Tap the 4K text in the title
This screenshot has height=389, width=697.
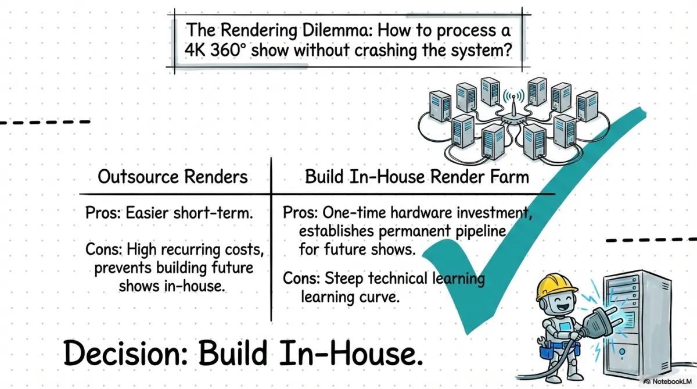[x=195, y=50]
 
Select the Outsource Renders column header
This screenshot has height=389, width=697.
[x=173, y=177]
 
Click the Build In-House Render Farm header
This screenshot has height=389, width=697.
[x=417, y=177]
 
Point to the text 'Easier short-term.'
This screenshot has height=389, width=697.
[x=189, y=213]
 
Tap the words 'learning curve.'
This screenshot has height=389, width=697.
[x=350, y=297]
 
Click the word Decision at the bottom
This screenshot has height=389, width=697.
[x=125, y=353]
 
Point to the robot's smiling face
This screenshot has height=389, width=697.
[x=562, y=304]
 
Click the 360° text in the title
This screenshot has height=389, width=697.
[x=228, y=50]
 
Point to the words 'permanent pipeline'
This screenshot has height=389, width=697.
[x=442, y=231]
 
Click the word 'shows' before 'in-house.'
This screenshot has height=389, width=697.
[x=139, y=286]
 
